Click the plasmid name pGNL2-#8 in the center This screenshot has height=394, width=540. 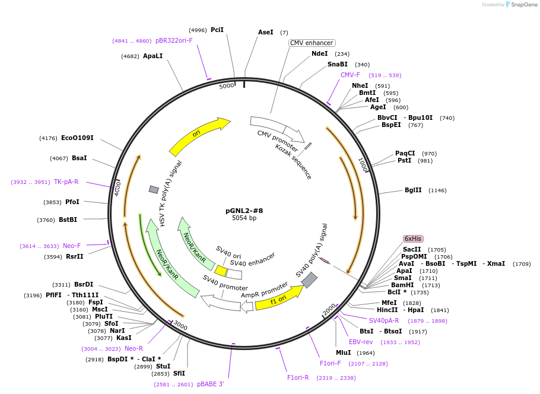tap(244, 211)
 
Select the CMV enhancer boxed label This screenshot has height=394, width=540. tap(312, 43)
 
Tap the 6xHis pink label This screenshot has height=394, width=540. tap(413, 239)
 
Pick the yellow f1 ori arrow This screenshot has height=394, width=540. tap(279, 298)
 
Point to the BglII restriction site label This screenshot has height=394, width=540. tap(413, 190)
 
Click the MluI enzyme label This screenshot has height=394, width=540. tap(344, 352)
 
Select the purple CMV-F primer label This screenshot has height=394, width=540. tap(350, 75)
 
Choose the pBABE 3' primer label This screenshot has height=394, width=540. tap(211, 384)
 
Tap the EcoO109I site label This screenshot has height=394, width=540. tap(77, 138)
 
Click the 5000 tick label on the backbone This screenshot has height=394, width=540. tap(227, 86)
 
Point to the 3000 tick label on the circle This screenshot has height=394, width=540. tap(180, 325)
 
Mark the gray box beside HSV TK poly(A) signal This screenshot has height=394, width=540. tap(154, 189)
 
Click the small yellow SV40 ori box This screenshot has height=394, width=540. tap(221, 271)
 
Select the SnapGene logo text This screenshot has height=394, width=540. tap(524, 5)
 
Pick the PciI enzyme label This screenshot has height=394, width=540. tap(217, 30)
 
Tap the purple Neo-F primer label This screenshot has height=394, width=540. tap(72, 246)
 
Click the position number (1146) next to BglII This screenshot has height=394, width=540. tap(437, 190)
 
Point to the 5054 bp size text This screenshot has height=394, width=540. tap(244, 218)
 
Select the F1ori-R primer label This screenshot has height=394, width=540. tap(298, 378)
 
